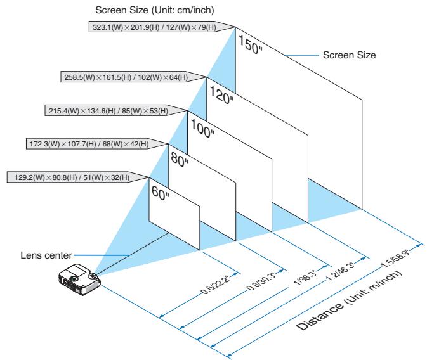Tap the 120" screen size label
221,95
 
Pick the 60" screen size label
159,191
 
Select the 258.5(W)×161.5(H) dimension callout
133,78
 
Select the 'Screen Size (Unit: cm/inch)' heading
145,10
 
